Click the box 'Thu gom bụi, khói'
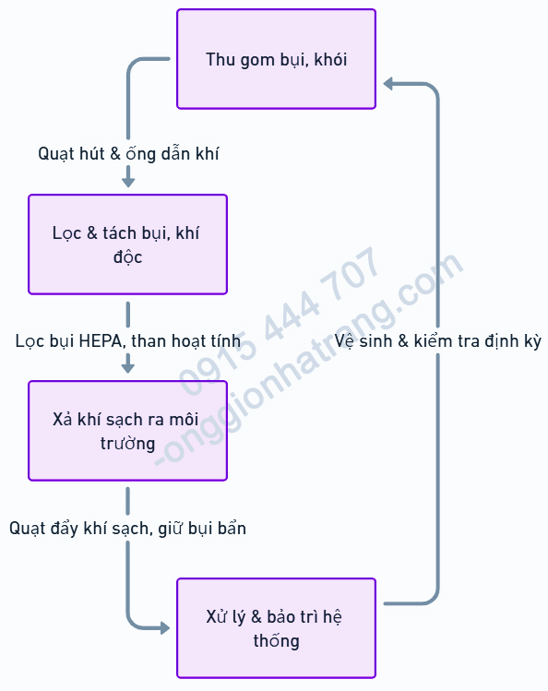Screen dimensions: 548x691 276,59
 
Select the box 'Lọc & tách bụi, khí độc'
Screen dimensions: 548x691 127,244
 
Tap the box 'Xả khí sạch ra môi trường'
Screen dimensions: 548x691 127,431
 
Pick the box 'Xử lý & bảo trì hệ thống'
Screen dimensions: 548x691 276,628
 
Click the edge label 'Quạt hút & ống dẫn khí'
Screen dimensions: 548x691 128,154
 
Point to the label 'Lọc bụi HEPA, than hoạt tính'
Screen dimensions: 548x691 128,341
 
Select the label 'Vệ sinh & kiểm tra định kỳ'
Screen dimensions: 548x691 438,341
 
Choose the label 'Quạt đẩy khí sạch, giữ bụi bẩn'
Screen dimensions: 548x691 127,528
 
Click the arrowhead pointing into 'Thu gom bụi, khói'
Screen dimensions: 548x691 387,83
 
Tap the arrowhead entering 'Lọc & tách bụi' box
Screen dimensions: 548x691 128,182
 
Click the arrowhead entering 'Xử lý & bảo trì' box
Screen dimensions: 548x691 165,628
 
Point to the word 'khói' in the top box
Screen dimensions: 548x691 330,59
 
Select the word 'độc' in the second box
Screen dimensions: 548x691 127,256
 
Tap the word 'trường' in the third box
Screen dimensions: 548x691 127,443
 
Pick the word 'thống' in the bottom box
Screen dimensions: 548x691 276,640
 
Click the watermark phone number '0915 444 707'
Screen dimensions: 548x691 280,321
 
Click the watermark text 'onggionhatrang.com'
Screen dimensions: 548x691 309,359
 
